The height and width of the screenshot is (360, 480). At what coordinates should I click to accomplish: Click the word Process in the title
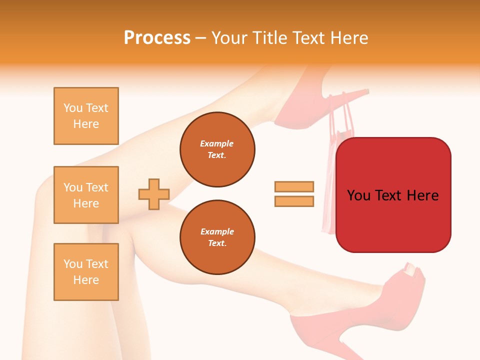coord(157,38)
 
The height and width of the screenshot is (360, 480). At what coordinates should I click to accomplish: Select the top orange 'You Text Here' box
coord(86,116)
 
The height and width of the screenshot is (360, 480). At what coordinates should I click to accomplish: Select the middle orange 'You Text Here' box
coord(86,195)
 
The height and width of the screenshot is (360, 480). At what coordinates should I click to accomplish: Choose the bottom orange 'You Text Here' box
coord(86,272)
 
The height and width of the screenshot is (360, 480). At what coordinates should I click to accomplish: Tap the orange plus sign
coord(154,193)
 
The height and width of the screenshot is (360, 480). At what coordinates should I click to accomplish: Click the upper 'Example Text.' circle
coord(217,149)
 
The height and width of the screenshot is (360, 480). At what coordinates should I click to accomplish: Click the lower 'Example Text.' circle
coord(217,237)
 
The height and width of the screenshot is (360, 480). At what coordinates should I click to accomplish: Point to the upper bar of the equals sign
coord(294,186)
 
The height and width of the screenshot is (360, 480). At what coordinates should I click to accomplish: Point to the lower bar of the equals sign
coord(294,201)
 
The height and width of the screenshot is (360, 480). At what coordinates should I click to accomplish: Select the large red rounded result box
coord(393,220)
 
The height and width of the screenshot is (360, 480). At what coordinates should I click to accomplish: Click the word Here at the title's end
coord(348,38)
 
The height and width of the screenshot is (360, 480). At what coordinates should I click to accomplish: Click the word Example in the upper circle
coord(217,143)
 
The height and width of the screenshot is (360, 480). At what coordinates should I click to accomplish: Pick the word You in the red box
coord(358,195)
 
